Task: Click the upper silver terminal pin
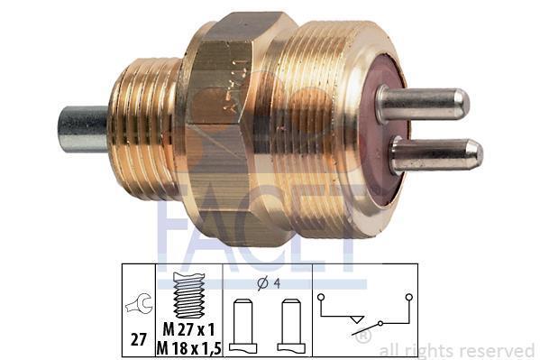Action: coord(423,104)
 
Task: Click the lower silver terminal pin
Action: coord(436,155)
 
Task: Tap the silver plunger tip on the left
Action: coord(83,129)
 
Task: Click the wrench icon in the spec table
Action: coord(139,303)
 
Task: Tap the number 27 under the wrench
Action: coord(139,340)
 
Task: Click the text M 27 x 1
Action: coord(188,329)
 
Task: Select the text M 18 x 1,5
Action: coord(188,348)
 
